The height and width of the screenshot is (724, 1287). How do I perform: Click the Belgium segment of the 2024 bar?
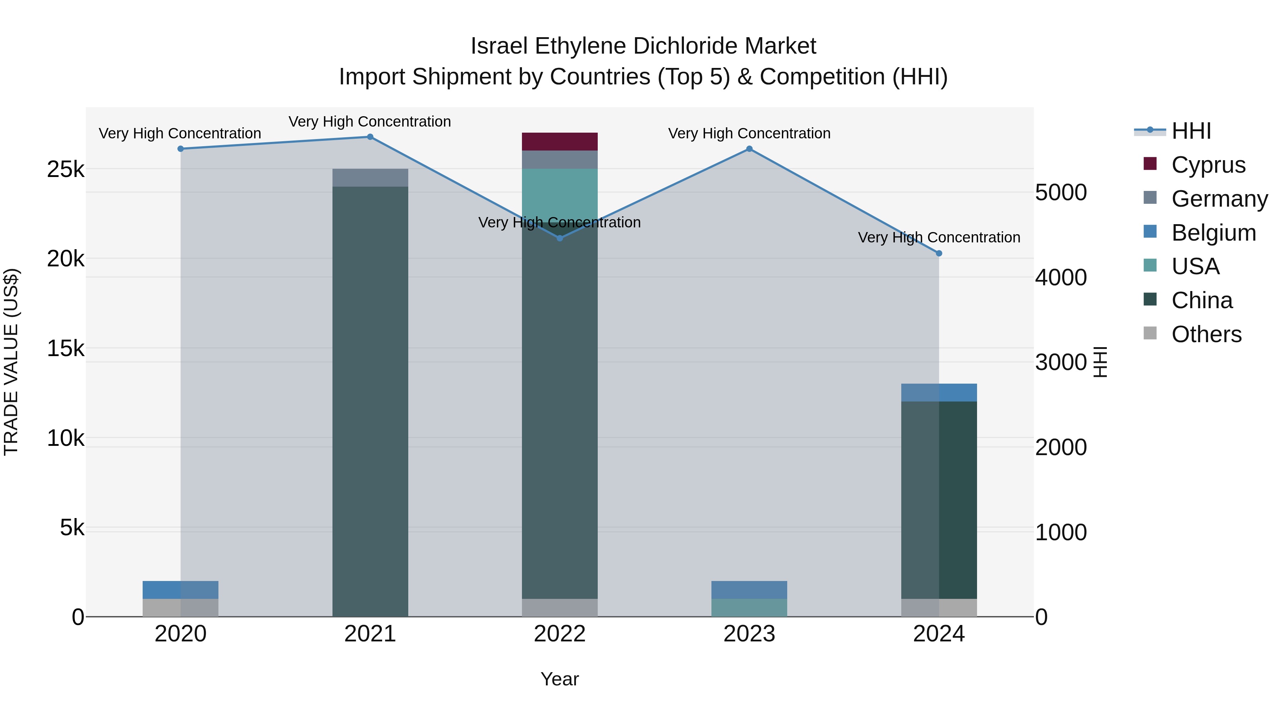tap(939, 392)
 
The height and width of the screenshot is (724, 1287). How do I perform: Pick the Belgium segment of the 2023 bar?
tap(749, 590)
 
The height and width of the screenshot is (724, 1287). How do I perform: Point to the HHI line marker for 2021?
tap(370, 137)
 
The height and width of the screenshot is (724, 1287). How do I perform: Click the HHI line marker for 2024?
tap(939, 253)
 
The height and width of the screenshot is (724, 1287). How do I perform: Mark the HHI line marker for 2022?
tap(559, 238)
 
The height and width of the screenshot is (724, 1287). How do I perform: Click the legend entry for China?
tap(1201, 300)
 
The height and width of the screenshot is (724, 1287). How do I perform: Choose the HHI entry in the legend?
tap(1190, 131)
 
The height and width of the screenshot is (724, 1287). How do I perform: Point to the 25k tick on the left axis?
tap(65, 169)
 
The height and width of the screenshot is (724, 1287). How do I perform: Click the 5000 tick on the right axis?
tap(1061, 192)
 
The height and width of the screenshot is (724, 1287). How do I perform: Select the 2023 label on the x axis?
tap(749, 634)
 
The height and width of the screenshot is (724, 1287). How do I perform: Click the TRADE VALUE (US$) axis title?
tap(11, 362)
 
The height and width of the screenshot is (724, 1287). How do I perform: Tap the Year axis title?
tap(559, 679)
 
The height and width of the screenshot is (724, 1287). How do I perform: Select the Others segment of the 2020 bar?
tap(181, 607)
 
